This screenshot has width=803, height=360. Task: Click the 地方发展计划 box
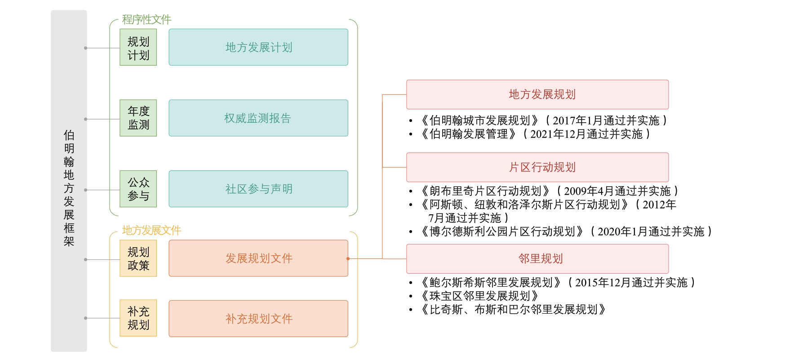(x=258, y=47)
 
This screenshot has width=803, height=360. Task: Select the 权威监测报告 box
(x=258, y=118)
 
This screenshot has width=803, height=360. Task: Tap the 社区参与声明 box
(x=258, y=189)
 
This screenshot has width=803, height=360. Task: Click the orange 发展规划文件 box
(x=258, y=258)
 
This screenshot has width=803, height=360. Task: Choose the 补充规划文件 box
(x=258, y=319)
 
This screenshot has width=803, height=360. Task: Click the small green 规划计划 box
(x=138, y=47)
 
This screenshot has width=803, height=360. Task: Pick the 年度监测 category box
(x=138, y=118)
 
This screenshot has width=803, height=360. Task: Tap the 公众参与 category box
(x=138, y=189)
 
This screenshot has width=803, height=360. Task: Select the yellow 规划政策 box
(x=138, y=258)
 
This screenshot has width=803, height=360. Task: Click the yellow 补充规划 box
(x=138, y=318)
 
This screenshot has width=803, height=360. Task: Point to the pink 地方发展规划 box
(x=537, y=94)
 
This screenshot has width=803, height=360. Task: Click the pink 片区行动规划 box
(x=537, y=167)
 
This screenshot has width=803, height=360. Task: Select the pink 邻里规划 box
(x=537, y=259)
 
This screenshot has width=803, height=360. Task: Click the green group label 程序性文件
(x=146, y=19)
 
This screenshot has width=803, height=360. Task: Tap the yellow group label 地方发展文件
(x=151, y=230)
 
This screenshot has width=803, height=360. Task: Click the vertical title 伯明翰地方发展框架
(x=69, y=188)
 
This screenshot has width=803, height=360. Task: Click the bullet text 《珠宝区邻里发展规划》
(x=479, y=296)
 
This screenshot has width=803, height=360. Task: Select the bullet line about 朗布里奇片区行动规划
(x=549, y=191)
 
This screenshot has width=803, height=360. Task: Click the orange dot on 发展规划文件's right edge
(x=348, y=259)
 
